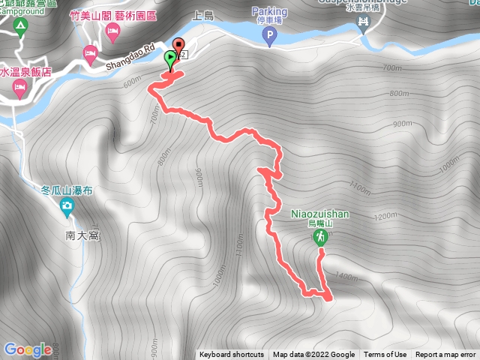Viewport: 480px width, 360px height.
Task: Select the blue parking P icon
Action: coord(268,34)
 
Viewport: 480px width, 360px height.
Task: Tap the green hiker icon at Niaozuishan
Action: coord(320,237)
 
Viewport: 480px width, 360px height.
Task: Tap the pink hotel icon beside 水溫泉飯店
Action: coord(18,89)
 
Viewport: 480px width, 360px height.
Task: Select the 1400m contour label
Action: coord(347,277)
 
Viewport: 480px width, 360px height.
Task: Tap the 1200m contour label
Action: coord(385,216)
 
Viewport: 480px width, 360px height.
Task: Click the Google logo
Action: coord(27,349)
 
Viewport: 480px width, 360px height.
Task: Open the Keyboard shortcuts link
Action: coord(232,355)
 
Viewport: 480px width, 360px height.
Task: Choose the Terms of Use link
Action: coord(385,355)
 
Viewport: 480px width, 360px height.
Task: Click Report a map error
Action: coord(445,355)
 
